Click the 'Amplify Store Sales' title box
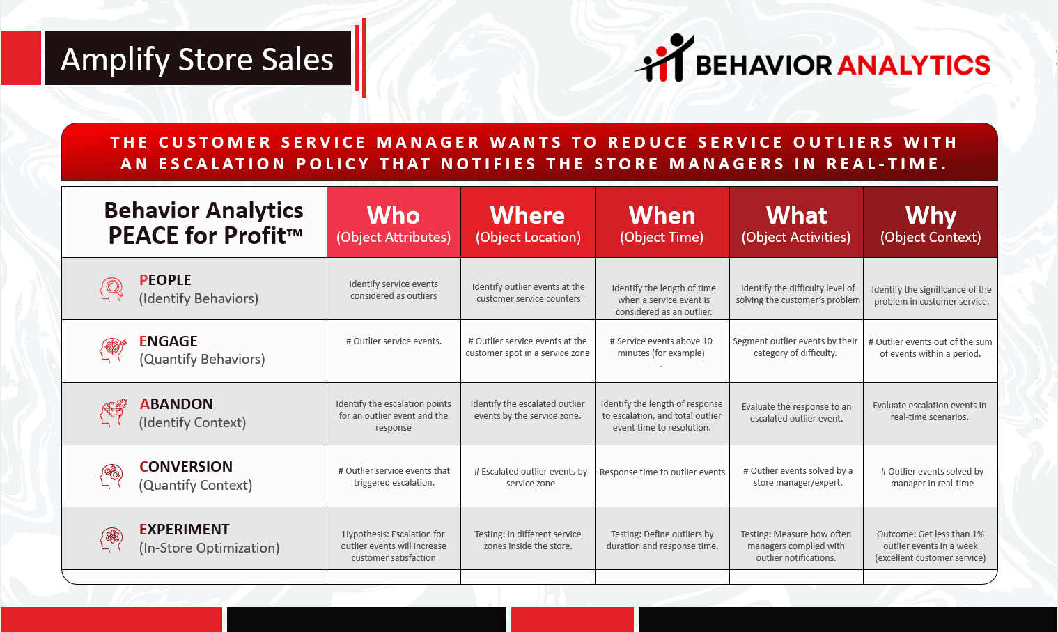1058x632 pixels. coord(197,58)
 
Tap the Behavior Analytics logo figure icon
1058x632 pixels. coord(665,58)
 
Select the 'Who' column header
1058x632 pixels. coord(394,222)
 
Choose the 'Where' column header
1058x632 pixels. coord(528,222)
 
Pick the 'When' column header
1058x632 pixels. coord(662,222)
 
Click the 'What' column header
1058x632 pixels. coord(796,222)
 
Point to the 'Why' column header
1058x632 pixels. coord(931,222)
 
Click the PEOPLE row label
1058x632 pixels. coord(199,289)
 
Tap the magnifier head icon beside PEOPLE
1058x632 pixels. coord(111,289)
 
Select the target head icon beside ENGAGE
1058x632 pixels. coord(112,350)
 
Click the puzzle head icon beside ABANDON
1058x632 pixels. coord(112,413)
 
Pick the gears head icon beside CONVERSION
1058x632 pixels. coord(111,476)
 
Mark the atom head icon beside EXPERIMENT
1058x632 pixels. coord(111,539)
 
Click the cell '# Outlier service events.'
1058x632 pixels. coord(394,341)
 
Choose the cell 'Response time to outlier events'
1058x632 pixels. coord(662,472)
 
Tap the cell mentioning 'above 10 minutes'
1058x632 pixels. coord(661,347)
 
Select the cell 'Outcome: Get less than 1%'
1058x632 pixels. coord(931,546)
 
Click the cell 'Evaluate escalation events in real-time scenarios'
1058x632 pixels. coord(930,411)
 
